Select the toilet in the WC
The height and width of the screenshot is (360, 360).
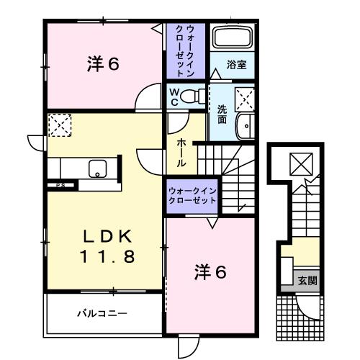192,96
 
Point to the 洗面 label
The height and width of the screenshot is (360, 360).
222,113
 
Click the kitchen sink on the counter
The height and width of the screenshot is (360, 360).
96,169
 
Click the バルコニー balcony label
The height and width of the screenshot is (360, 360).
103,313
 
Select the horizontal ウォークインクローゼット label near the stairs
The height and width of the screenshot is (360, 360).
192,194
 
